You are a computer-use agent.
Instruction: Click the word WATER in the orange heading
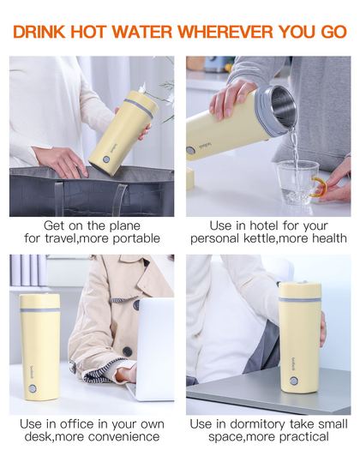coord(142,32)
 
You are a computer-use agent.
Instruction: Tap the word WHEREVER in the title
coord(225,32)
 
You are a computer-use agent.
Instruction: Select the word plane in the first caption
coord(125,226)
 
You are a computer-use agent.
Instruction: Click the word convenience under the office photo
coord(123,437)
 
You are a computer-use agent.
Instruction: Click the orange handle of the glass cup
coord(321,187)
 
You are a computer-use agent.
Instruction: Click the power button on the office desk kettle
coord(33,389)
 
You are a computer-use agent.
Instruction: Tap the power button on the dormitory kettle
coord(293,381)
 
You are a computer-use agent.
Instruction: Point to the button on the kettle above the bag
coord(106,159)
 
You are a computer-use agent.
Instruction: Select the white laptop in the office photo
coord(153,349)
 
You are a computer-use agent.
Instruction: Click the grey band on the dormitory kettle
coord(300,300)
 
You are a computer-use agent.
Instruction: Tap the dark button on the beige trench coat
coord(127,351)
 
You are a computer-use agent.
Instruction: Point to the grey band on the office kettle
coord(40,310)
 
